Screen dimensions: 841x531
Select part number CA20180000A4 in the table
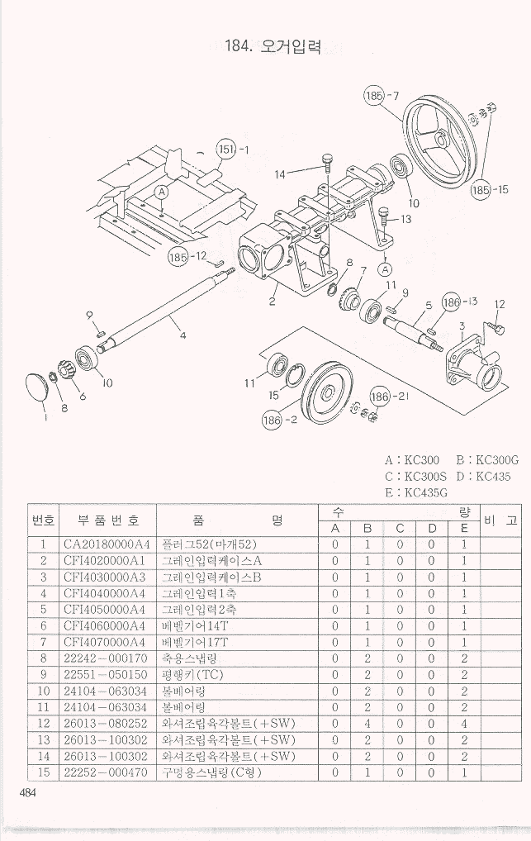point(107,544)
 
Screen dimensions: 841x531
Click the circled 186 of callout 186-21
point(379,397)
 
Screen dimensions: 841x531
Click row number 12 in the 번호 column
point(42,724)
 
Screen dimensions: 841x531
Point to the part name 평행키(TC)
point(188,675)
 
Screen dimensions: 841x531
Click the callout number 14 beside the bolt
point(281,174)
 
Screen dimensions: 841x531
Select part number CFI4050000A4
point(107,610)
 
